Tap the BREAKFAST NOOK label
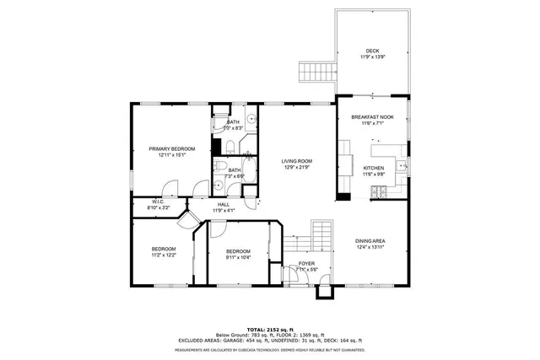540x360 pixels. coord(372,117)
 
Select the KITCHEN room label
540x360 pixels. coord(373,168)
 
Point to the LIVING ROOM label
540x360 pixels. coord(297,161)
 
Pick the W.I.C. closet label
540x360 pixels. coord(158,201)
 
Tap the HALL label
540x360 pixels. coord(223,204)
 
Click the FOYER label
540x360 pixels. coord(305,264)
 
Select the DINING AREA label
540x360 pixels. coord(370,241)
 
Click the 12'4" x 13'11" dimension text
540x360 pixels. coord(370,247)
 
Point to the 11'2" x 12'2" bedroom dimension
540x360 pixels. coord(164,255)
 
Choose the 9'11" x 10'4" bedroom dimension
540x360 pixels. coord(237,257)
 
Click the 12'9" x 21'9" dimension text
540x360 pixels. coord(297,167)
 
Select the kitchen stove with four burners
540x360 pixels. coord(377,190)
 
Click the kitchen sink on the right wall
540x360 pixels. coord(405,163)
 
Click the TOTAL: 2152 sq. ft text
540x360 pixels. coord(270,328)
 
